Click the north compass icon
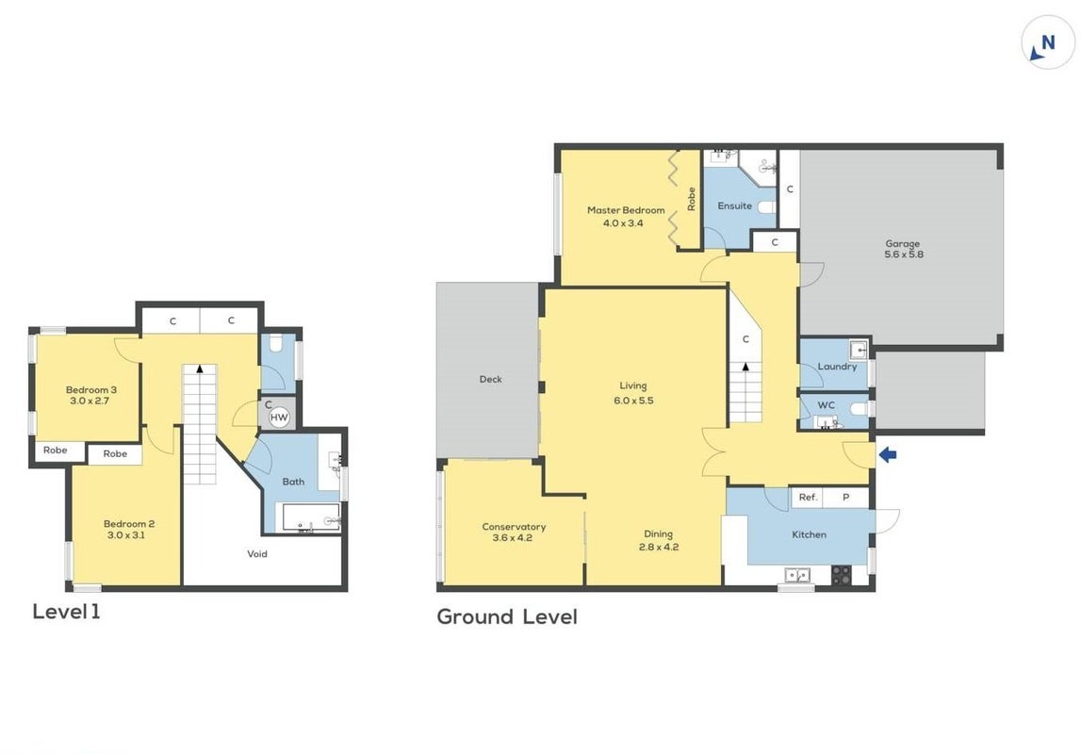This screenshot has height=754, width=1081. click(1047, 42)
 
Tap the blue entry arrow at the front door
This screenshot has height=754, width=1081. click(887, 454)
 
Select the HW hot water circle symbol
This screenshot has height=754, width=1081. click(279, 417)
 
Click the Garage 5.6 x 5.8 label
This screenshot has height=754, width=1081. click(903, 249)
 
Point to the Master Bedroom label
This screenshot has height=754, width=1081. click(626, 210)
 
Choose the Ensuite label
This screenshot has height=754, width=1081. click(734, 205)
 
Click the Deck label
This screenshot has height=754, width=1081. click(490, 379)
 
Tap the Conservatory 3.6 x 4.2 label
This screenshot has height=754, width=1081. click(514, 533)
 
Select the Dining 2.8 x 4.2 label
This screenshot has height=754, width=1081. click(659, 540)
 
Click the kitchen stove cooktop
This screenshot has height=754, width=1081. click(841, 575)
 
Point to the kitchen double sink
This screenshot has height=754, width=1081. click(797, 575)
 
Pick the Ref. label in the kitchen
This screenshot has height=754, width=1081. click(808, 497)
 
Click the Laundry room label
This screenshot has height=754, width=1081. click(837, 367)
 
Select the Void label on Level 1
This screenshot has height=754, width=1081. click(257, 553)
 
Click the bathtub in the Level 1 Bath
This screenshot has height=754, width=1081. click(307, 516)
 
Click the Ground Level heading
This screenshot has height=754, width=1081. click(507, 616)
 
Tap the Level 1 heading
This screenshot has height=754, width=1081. click(66, 612)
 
